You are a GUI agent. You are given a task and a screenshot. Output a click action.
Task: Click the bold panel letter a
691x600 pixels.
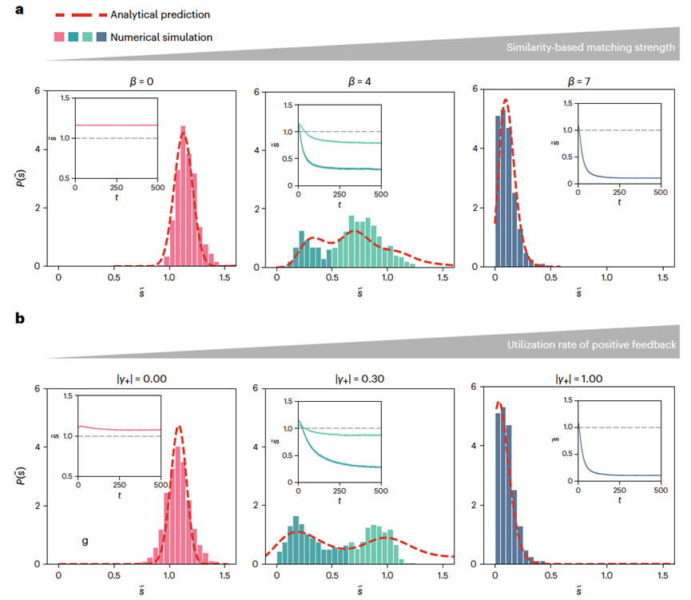(x=21, y=14)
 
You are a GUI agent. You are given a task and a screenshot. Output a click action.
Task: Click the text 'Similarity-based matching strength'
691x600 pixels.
(x=590, y=47)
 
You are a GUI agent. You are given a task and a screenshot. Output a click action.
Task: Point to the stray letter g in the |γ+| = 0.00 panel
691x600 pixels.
(x=85, y=541)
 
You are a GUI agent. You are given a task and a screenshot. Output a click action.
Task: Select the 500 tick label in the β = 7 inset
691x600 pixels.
(x=661, y=193)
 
